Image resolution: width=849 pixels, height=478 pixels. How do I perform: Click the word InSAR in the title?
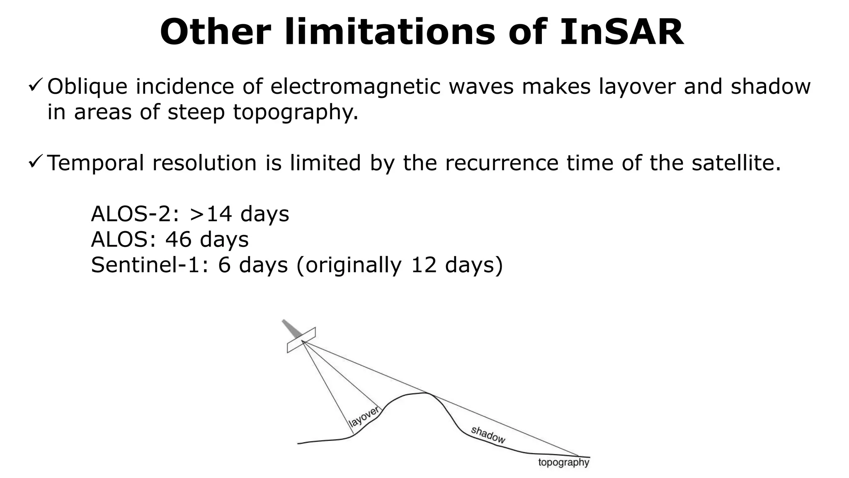point(621,32)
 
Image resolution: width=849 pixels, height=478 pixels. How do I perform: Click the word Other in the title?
point(216,32)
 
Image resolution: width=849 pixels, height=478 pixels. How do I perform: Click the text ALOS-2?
point(135,214)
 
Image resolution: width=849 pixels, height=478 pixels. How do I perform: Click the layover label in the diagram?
point(364,417)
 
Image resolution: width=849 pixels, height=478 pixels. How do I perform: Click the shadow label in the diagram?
point(488,435)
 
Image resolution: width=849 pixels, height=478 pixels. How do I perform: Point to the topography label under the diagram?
point(563,462)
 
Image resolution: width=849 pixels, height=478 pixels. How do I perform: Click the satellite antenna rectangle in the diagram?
point(301,340)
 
